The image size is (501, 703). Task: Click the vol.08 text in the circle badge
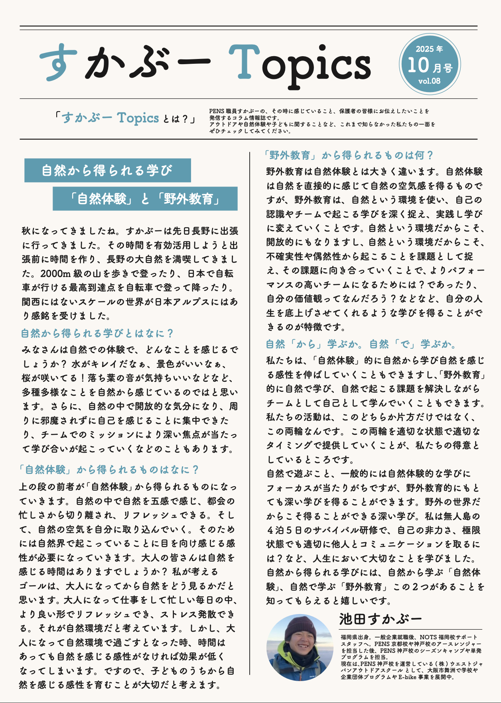(x=429, y=81)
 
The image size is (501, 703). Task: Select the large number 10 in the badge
(x=418, y=65)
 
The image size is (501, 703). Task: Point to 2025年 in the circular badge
(x=429, y=49)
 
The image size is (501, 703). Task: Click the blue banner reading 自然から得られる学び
(x=107, y=171)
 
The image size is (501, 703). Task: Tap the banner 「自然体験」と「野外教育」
(x=145, y=198)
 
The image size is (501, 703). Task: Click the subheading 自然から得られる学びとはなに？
(x=97, y=333)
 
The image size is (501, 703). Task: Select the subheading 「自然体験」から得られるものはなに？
(x=108, y=469)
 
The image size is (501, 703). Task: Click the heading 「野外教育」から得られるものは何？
(x=349, y=155)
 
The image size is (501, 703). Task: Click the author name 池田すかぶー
(x=380, y=619)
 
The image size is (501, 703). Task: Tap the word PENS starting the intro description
(x=217, y=111)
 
